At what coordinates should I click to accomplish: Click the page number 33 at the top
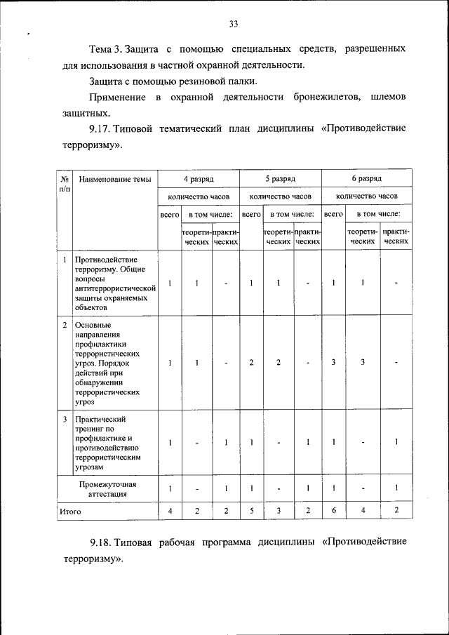[234, 24]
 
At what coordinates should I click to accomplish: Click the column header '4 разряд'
[199, 180]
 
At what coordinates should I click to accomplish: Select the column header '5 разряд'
[281, 180]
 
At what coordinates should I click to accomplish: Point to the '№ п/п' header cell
[64, 184]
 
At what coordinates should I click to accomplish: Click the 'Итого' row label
[70, 512]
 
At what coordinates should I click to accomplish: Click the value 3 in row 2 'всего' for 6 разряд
[333, 362]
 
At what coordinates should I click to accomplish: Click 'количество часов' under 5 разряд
[281, 196]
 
